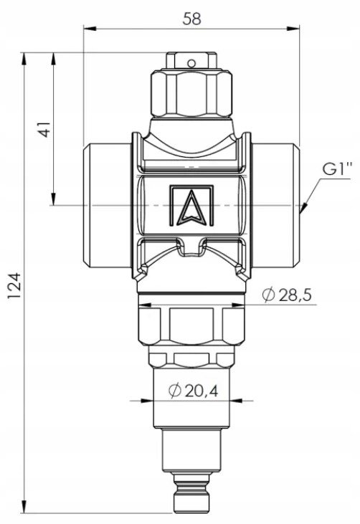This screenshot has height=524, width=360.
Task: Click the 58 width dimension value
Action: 192,19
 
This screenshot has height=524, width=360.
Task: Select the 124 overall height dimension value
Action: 14,286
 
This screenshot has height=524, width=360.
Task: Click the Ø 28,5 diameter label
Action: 287,295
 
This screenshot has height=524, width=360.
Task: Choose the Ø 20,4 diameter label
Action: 194,390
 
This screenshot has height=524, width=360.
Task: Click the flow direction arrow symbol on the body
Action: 191,207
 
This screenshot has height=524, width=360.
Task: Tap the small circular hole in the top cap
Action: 191,63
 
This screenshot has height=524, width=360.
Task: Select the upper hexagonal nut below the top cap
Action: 191,93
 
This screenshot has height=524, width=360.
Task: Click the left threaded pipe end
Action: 108,206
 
